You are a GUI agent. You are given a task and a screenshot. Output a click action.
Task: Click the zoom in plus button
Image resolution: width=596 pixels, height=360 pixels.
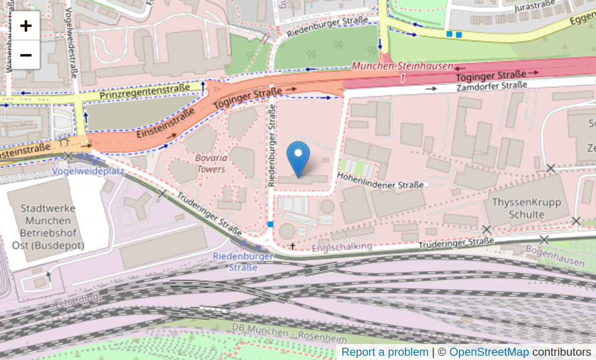tap(25, 25)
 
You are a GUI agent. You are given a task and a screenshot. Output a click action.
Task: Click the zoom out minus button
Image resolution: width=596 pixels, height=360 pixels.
tap(25, 55)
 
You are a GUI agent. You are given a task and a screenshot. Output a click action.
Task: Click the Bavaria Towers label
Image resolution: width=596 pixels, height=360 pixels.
tap(211, 164)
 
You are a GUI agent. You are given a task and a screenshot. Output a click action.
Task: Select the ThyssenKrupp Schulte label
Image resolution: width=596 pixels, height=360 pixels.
tap(526, 208)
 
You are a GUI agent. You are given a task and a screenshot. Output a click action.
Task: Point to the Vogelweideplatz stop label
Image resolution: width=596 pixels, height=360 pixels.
tap(88, 171)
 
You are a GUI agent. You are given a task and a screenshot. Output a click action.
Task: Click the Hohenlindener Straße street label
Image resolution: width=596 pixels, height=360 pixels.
tap(380, 181)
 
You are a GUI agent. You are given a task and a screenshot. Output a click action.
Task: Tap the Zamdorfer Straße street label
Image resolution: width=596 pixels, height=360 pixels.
tap(492, 86)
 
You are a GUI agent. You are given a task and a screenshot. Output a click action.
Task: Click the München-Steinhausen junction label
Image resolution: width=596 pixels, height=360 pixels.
tap(402, 66)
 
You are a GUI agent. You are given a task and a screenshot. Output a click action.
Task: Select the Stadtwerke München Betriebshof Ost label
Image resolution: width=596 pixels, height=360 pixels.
tap(48, 227)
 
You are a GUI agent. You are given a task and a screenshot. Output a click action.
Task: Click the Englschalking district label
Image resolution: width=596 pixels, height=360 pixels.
tap(342, 246)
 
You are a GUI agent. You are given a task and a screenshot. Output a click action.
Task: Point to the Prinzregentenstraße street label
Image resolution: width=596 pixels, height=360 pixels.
tap(144, 91)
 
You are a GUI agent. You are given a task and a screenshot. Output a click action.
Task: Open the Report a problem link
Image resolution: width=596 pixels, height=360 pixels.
tap(384, 352)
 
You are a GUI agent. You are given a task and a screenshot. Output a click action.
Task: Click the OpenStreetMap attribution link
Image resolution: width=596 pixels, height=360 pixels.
tap(489, 352)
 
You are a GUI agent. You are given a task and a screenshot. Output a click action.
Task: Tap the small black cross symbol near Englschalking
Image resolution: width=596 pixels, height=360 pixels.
tap(293, 246)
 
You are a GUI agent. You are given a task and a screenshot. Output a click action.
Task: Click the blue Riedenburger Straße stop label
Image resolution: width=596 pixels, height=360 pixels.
tap(243, 262)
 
